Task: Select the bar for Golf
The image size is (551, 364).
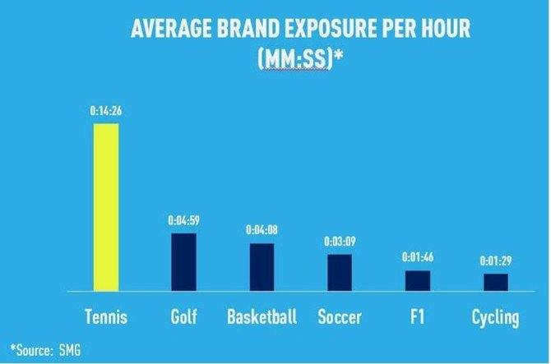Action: [x=183, y=262]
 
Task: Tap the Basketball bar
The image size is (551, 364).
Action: [x=262, y=267]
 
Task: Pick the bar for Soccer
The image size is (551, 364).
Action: [x=340, y=272]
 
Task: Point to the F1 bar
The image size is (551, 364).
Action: [x=417, y=280]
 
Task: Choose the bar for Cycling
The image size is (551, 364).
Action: [x=495, y=282]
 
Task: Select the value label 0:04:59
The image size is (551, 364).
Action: [x=183, y=221]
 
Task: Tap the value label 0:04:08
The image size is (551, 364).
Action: [x=262, y=230]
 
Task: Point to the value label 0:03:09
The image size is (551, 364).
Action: [x=340, y=241]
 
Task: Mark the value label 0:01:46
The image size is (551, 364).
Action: [x=417, y=257]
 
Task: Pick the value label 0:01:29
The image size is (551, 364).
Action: [x=495, y=261]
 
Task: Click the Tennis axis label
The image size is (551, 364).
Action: [x=106, y=317]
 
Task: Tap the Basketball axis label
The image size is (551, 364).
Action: [x=262, y=317]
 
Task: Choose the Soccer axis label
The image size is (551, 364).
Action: [x=340, y=317]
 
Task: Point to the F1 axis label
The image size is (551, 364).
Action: [x=417, y=317]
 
